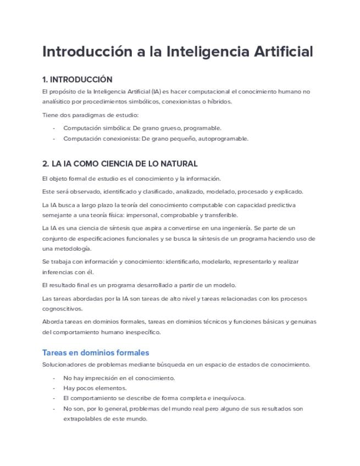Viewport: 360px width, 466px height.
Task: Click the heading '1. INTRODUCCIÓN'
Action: (x=77, y=80)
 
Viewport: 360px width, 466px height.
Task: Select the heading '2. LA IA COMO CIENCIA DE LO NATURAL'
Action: (x=120, y=164)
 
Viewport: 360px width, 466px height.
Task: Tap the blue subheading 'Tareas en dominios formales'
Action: (x=96, y=353)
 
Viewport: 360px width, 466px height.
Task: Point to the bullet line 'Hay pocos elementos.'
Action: (x=95, y=388)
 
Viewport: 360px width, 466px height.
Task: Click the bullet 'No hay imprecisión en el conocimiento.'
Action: (x=119, y=378)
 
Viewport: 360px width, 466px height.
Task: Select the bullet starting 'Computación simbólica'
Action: (x=142, y=128)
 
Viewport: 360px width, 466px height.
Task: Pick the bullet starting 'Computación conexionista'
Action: (x=156, y=138)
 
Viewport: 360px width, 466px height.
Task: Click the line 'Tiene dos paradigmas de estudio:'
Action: (x=90, y=115)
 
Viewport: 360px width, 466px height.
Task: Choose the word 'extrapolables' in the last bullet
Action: (x=82, y=419)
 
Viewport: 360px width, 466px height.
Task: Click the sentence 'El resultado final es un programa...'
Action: (x=139, y=285)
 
